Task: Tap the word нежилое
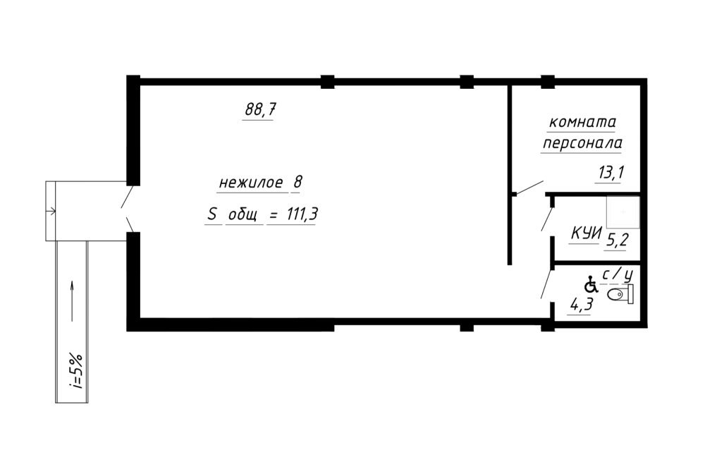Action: [252, 183]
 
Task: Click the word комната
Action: [583, 122]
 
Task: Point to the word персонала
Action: [583, 144]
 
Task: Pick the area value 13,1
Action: [611, 172]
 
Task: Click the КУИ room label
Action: [587, 233]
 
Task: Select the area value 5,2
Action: [617, 240]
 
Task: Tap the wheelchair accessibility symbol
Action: [591, 284]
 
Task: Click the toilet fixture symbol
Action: [620, 294]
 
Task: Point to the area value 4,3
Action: [582, 305]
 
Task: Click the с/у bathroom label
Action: [618, 274]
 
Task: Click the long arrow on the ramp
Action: [72, 301]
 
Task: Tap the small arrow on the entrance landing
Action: [51, 211]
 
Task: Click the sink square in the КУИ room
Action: [623, 212]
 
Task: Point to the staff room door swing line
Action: [529, 188]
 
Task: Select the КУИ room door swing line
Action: [547, 219]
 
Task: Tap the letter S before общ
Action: [211, 214]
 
